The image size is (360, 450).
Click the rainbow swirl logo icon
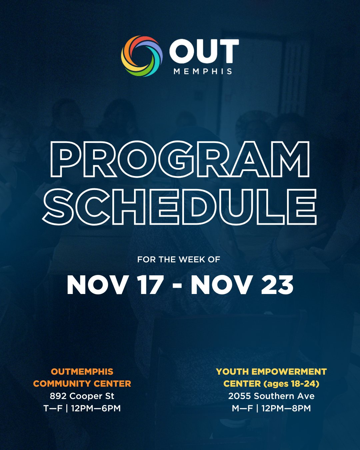(x=142, y=56)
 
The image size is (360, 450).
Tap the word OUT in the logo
(x=204, y=51)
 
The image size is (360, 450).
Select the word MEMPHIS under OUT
(x=203, y=71)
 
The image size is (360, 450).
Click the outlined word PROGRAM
(x=180, y=159)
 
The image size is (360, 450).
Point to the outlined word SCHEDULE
(x=180, y=207)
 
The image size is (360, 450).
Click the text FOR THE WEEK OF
(x=179, y=259)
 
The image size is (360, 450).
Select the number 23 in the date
(x=277, y=285)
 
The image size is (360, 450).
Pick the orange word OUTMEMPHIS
(x=82, y=372)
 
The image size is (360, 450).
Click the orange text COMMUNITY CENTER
(x=82, y=384)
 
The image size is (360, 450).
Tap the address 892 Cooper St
(x=82, y=396)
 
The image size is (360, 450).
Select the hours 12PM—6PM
(x=96, y=408)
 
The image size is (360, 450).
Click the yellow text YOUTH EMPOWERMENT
(x=271, y=372)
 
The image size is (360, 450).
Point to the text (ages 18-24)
(x=291, y=384)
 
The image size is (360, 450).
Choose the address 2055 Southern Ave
(x=271, y=396)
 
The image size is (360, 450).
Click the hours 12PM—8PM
(x=286, y=408)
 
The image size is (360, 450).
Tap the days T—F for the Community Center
(x=53, y=408)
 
